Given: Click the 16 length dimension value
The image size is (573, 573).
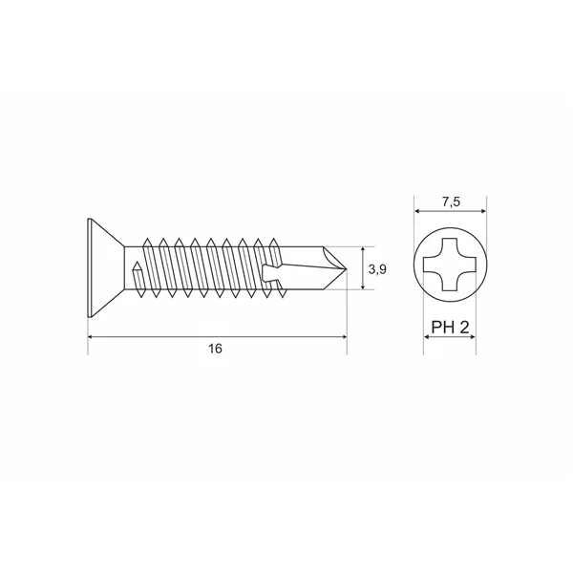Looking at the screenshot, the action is coord(215,349).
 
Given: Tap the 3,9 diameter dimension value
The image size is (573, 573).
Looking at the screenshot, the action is coord(377,269).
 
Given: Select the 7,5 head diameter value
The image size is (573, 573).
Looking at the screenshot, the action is coord(452,202).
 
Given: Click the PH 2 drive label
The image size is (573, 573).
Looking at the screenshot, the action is coord(450,327).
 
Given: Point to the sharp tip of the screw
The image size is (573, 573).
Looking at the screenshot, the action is coord(347,269).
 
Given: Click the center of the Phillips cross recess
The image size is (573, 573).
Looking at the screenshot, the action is coord(450,265).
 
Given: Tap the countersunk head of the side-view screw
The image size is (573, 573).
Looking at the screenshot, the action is coord(106,267).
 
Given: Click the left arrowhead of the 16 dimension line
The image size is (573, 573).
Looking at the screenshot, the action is coord(91,336).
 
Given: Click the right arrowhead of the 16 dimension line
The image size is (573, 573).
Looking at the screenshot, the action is coord(344,336).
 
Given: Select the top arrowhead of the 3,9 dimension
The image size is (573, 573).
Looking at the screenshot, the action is coord(363,250).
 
